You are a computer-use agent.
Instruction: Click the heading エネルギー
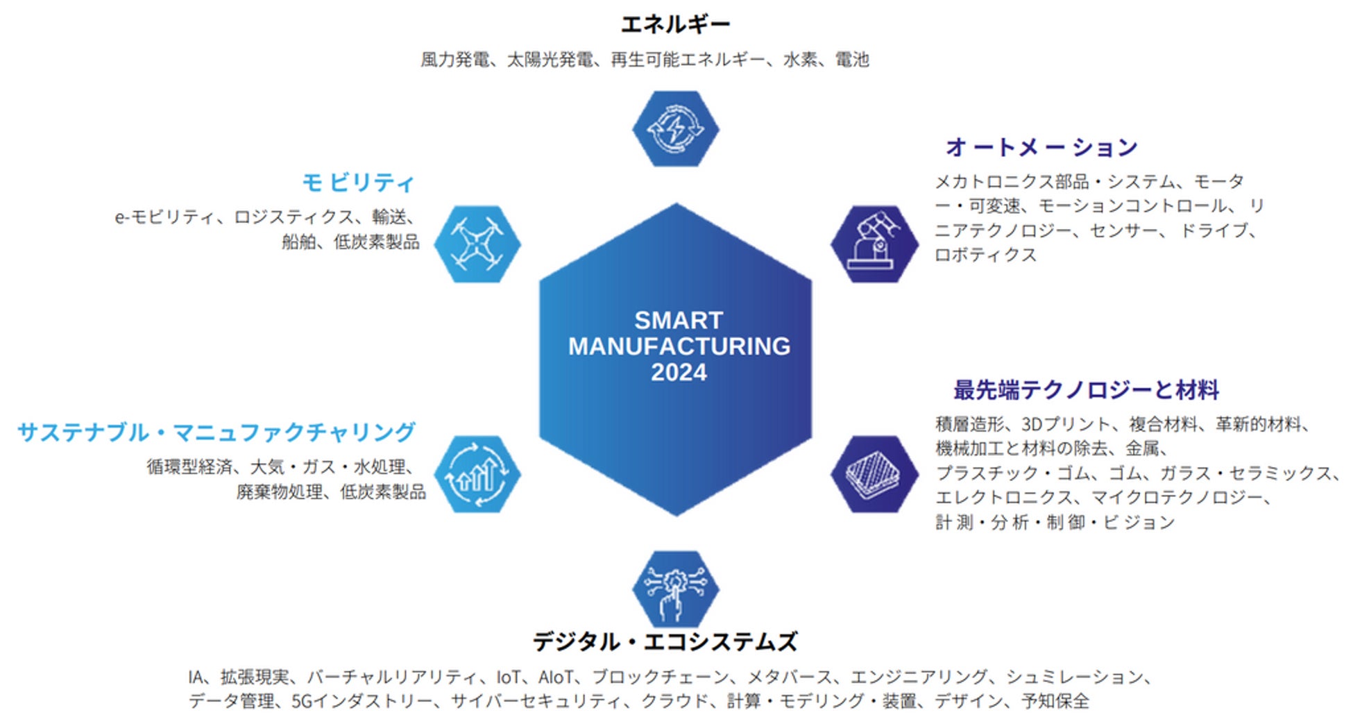click(x=675, y=25)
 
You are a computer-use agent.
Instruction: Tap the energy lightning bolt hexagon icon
click(x=675, y=129)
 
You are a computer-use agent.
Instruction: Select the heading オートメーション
click(x=1041, y=147)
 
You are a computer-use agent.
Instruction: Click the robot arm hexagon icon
click(x=874, y=244)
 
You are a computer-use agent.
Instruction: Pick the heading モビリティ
click(x=358, y=183)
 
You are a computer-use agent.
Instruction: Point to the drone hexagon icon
click(x=477, y=244)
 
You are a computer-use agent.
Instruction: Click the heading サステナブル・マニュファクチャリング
click(x=216, y=432)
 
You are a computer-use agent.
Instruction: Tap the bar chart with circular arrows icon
click(x=477, y=475)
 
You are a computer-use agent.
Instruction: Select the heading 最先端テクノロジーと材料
click(x=1086, y=390)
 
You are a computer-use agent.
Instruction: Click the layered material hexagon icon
click(x=874, y=475)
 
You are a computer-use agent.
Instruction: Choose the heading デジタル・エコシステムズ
click(x=665, y=641)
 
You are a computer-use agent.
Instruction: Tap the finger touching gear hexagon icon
click(x=675, y=589)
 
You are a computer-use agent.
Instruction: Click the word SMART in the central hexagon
click(x=678, y=320)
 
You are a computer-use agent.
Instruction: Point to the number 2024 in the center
click(x=678, y=373)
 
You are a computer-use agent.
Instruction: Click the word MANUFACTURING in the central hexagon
click(x=679, y=346)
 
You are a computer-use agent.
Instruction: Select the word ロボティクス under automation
click(x=985, y=255)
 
